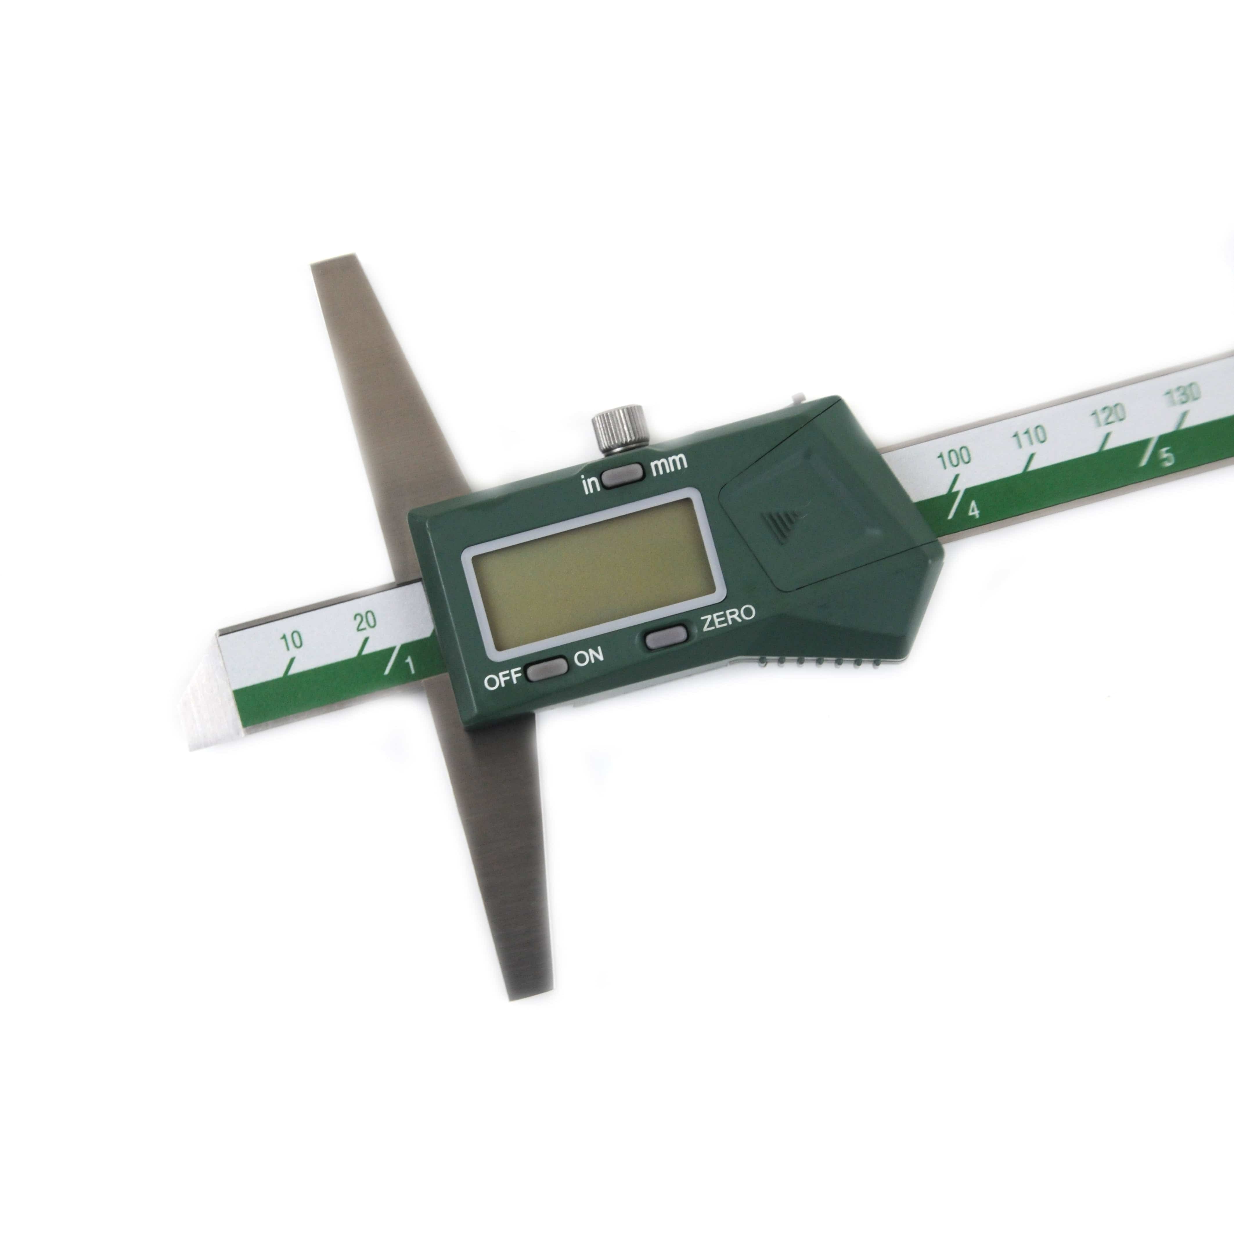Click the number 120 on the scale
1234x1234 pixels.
click(1108, 415)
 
